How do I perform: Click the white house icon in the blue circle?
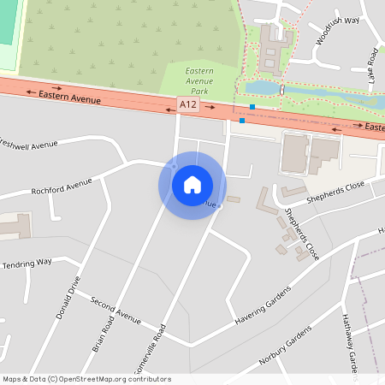click(192, 185)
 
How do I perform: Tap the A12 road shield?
click(188, 104)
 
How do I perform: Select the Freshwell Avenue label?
click(29, 146)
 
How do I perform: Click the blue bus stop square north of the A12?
click(252, 107)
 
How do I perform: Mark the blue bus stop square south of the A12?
click(242, 121)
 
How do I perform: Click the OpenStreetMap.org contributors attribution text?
click(115, 378)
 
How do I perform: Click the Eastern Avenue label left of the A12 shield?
click(69, 98)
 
